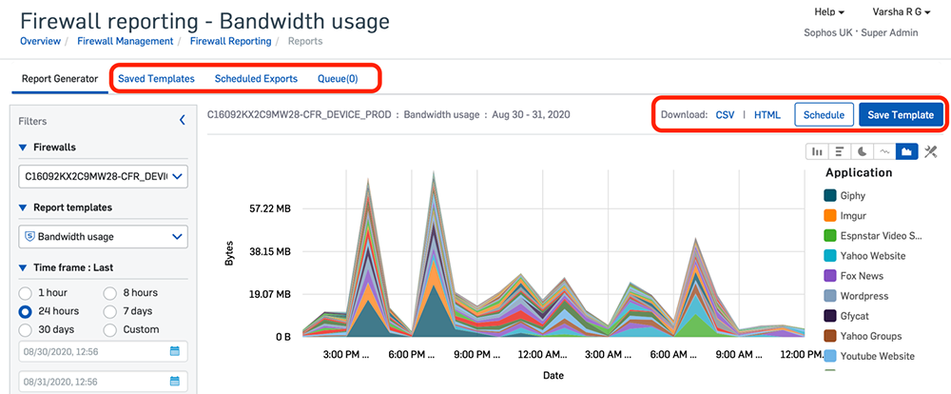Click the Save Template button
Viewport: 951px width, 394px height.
click(901, 115)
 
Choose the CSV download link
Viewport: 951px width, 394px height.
click(726, 115)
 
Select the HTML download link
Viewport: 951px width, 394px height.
click(767, 115)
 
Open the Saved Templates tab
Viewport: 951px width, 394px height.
click(156, 79)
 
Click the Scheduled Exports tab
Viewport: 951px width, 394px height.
click(256, 79)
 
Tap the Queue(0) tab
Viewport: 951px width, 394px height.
click(338, 79)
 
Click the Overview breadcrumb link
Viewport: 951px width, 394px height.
click(40, 42)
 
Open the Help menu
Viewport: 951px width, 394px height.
click(829, 12)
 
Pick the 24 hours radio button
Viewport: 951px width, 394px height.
click(26, 311)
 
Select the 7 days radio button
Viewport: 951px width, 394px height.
click(110, 311)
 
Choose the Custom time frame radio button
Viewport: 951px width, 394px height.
click(110, 329)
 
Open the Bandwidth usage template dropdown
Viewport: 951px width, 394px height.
click(103, 236)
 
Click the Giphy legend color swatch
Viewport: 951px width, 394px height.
click(830, 196)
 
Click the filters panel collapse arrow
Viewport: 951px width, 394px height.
click(182, 121)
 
